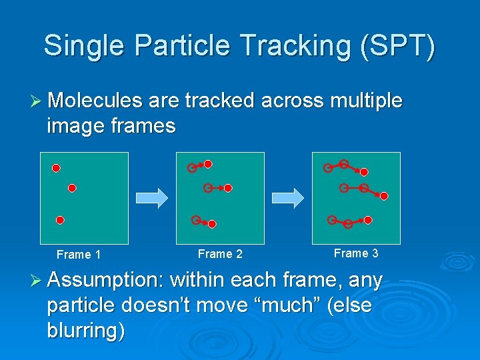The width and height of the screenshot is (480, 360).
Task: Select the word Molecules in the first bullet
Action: (x=95, y=101)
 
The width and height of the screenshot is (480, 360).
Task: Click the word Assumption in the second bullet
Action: (x=107, y=281)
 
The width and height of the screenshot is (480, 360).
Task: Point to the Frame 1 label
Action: (x=79, y=255)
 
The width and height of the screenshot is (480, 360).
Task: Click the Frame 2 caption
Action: (x=220, y=254)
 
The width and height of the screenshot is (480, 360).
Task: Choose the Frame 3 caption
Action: (x=356, y=253)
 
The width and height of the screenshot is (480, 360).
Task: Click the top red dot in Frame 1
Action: (x=57, y=167)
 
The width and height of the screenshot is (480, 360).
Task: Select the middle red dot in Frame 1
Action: (x=72, y=189)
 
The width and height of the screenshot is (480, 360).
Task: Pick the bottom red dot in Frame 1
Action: (x=59, y=219)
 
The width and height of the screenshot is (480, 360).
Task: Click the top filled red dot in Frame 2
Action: (x=208, y=163)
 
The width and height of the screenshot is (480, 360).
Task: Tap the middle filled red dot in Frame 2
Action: (x=228, y=189)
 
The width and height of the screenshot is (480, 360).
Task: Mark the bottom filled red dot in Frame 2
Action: (x=212, y=225)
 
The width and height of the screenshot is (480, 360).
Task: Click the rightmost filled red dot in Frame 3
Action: (x=384, y=196)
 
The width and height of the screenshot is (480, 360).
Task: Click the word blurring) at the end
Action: (x=85, y=331)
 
